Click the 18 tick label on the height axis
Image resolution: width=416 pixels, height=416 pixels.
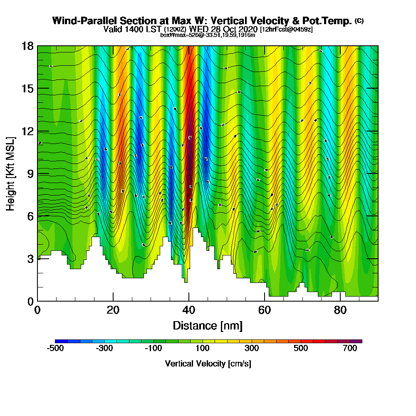(27, 46)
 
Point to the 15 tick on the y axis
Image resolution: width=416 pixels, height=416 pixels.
(27, 88)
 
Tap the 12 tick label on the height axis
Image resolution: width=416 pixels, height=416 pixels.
(27, 131)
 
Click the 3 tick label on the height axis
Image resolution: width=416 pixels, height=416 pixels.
(29, 258)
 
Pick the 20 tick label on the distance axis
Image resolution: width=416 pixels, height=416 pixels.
(113, 310)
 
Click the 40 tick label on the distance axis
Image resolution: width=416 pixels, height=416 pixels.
(189, 310)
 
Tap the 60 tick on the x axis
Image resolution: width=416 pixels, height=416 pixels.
(265, 310)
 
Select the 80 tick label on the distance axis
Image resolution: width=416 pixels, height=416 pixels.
(340, 310)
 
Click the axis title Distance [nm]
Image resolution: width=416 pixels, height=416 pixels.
(208, 325)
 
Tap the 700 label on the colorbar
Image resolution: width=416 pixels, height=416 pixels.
(350, 349)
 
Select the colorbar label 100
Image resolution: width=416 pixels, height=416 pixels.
(202, 349)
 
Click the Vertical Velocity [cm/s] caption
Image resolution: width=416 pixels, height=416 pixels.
(208, 364)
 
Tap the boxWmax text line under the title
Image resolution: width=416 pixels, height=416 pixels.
(208, 35)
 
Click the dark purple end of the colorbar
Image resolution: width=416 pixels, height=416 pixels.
(358, 341)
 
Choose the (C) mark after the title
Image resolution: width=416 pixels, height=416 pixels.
(359, 21)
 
